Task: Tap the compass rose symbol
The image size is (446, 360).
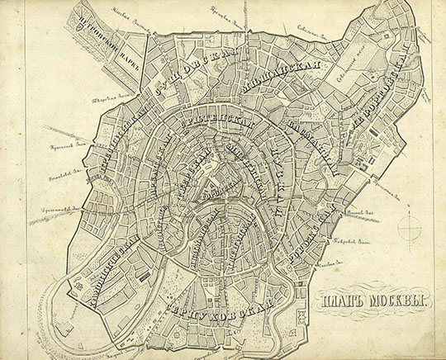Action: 410,226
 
